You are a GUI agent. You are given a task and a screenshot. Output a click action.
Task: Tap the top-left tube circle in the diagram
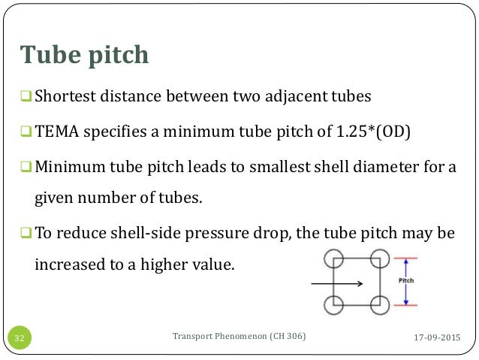coord(334,259)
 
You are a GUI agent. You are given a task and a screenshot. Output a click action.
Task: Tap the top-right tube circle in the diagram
coord(380,259)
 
